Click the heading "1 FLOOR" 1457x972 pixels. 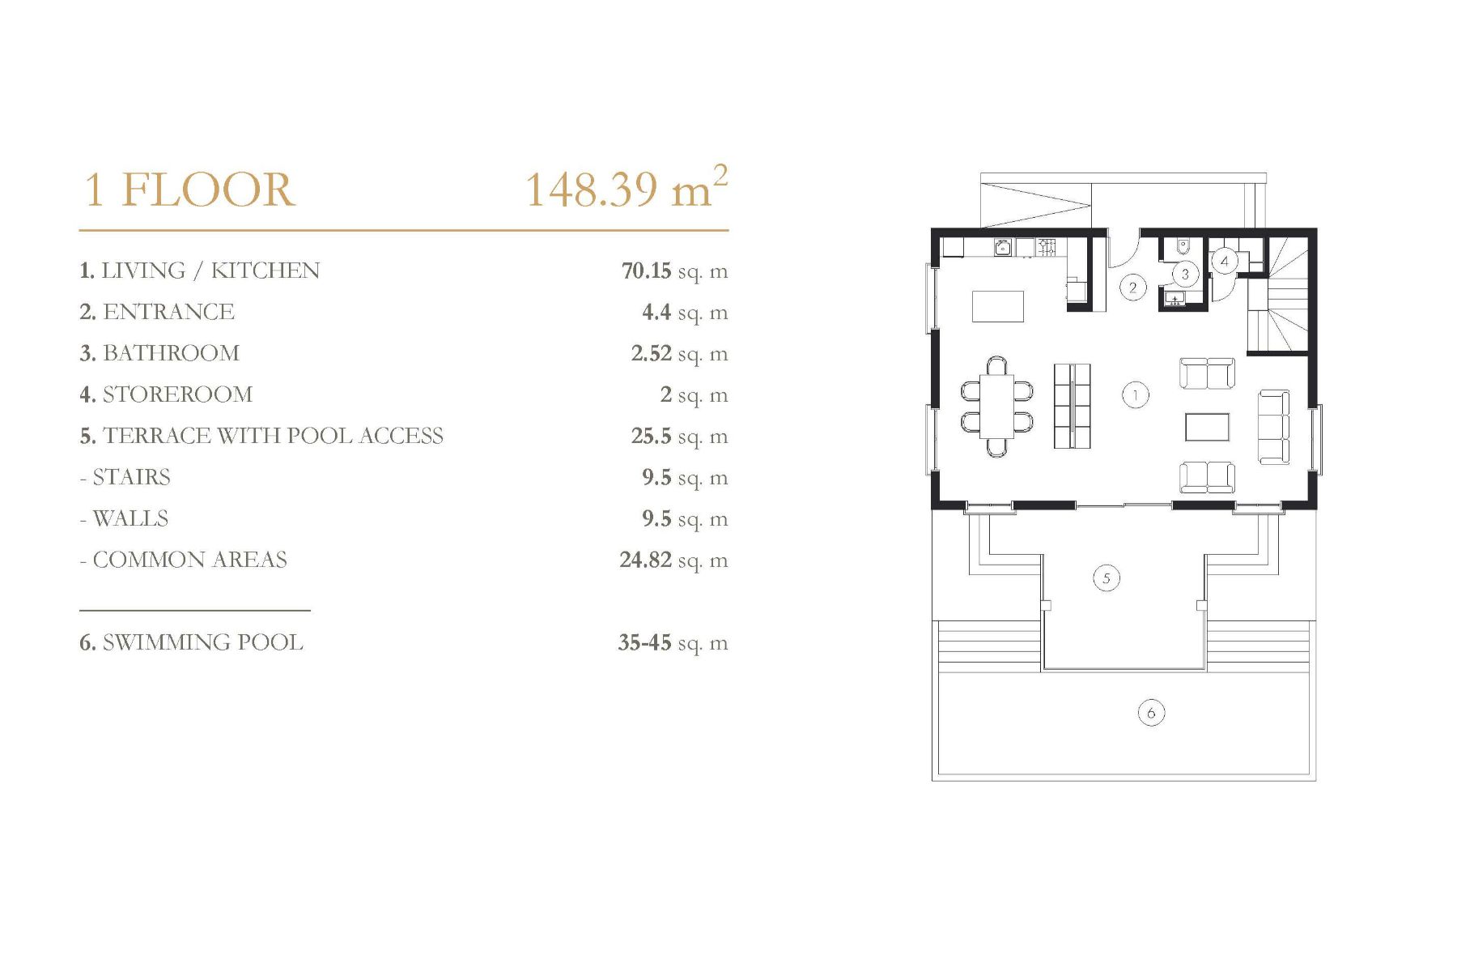189,190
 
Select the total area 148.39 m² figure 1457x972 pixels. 627,188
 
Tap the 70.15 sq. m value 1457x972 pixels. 674,271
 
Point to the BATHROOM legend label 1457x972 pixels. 159,353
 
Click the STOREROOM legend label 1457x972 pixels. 166,394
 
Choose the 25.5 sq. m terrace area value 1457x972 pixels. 679,437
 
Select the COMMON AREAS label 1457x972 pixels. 184,560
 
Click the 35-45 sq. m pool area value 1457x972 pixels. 673,643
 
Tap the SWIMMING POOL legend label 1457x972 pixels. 191,642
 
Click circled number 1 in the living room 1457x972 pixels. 1136,395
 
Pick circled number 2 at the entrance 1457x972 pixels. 1132,287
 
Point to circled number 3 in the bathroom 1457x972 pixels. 1185,274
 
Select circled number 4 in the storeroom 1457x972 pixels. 1224,261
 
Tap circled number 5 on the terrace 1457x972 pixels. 1106,578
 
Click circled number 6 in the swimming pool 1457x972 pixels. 1150,713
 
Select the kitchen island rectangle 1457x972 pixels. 997,306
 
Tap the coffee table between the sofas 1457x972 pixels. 1207,427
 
